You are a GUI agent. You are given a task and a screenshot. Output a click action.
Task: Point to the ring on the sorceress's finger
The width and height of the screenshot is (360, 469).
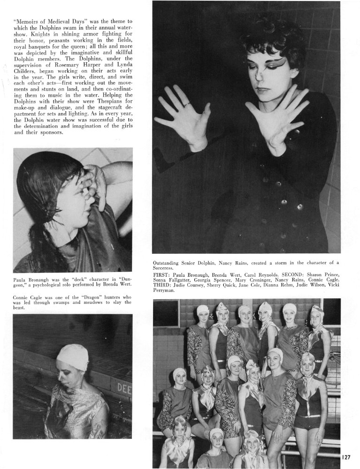click(x=187, y=104)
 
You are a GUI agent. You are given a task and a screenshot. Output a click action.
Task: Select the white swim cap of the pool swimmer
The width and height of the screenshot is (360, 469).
click(x=72, y=356)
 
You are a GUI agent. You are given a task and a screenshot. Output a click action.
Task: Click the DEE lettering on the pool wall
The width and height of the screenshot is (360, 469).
click(x=123, y=388)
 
